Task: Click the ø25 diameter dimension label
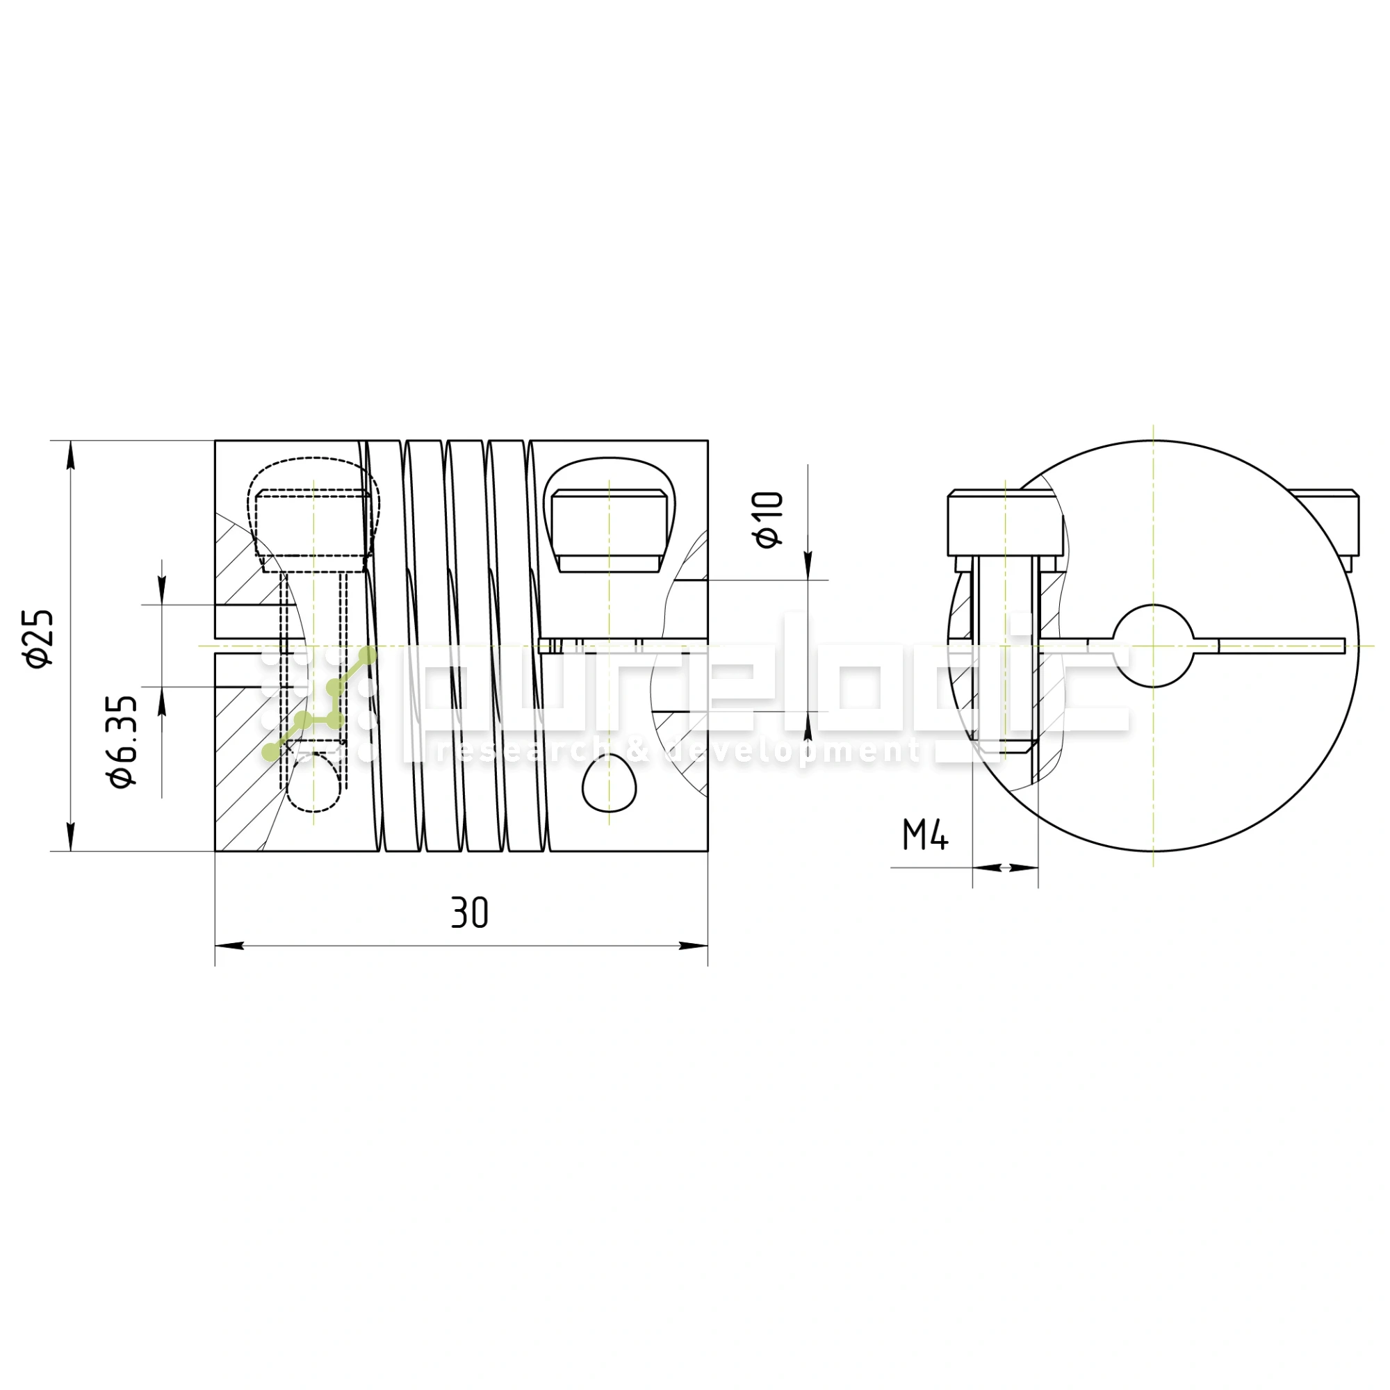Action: [40, 638]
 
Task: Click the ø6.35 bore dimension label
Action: [123, 742]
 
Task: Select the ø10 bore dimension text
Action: [769, 519]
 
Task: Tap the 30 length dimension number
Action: [469, 913]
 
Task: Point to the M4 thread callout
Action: [925, 835]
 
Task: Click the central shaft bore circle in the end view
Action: [1152, 646]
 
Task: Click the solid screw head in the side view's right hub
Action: [609, 531]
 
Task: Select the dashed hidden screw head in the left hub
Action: [314, 523]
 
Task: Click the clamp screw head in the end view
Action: [1004, 523]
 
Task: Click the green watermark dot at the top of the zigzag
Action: [368, 655]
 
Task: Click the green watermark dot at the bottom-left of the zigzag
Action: [270, 753]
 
